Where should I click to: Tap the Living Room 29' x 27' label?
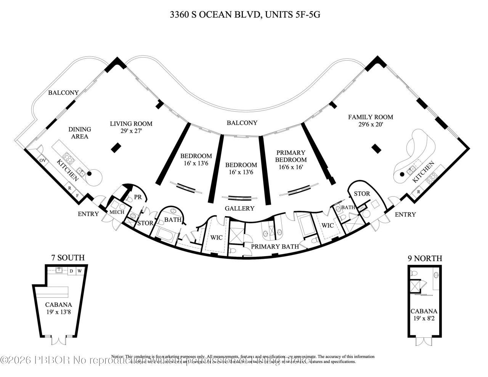click(131, 127)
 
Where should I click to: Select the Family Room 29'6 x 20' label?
click(370, 120)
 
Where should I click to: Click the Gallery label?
click(239, 209)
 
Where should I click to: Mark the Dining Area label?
click(80, 133)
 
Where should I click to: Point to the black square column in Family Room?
click(376, 148)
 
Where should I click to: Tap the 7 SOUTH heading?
click(68, 258)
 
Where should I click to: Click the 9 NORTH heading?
click(425, 259)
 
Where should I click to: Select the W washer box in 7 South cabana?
click(80, 271)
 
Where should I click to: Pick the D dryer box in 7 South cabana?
click(71, 271)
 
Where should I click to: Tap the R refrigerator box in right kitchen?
click(419, 192)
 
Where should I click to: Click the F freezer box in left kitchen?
click(78, 196)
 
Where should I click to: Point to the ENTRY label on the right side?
click(405, 215)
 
